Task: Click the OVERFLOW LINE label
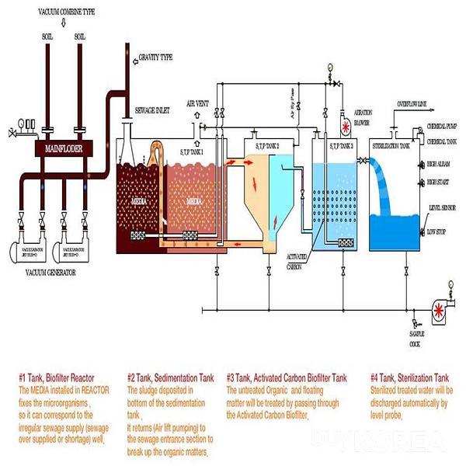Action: [416, 103]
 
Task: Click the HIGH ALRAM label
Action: [440, 165]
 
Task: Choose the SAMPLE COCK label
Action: [419, 338]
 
